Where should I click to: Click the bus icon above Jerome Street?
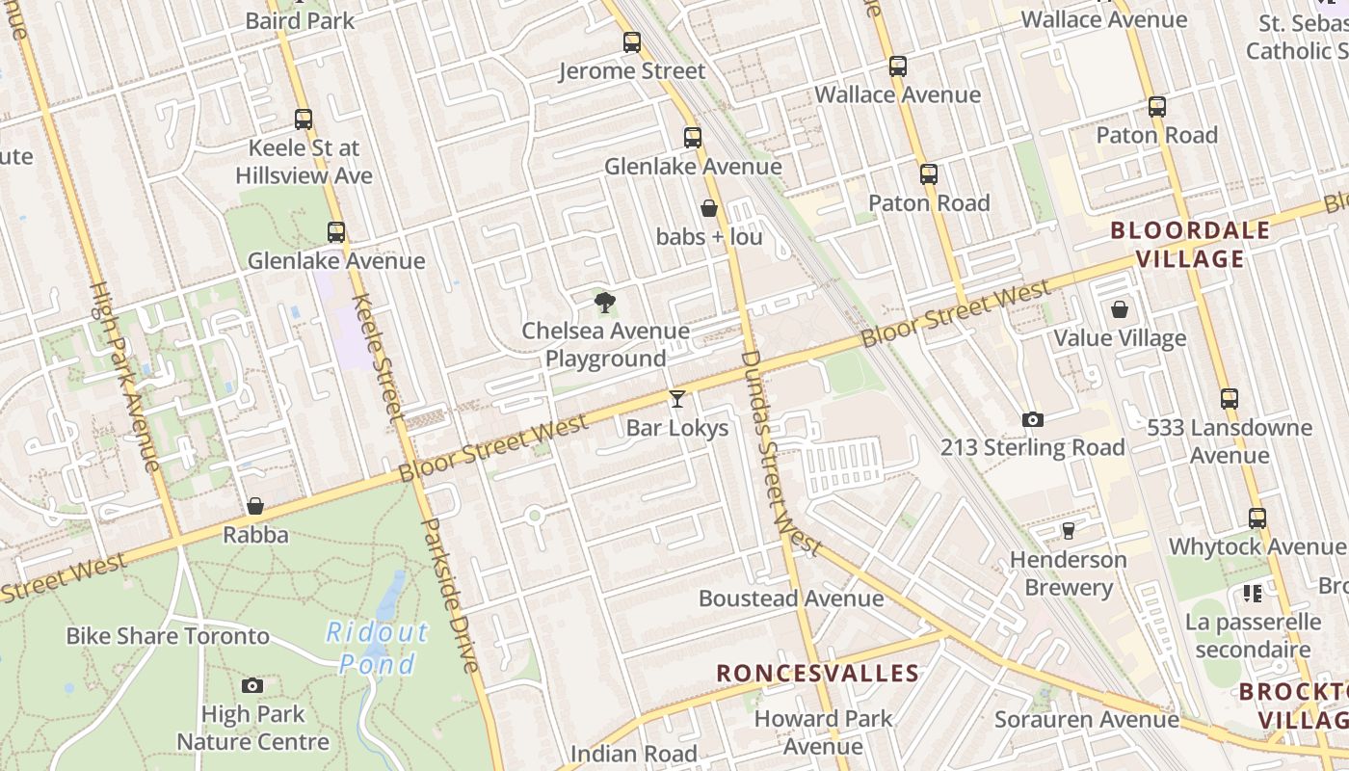pos(632,42)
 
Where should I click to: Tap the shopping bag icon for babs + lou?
pos(709,208)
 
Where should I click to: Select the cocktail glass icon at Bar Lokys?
pos(677,398)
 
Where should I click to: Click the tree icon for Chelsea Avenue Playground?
pos(604,304)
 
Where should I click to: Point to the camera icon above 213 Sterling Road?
pos(1033,420)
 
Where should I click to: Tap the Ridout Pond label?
pos(378,648)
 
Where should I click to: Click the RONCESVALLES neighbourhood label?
pos(817,673)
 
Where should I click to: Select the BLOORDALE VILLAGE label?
pos(1190,245)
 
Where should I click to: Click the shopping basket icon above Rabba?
pos(255,506)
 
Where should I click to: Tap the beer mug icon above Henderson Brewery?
pos(1068,531)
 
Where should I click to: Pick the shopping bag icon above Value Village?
pos(1120,309)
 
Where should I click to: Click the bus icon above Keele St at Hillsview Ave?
pos(304,120)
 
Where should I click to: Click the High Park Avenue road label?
pos(124,376)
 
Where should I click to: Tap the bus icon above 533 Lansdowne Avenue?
pos(1230,399)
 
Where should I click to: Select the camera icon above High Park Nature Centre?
pos(252,685)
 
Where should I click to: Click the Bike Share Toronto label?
pos(168,636)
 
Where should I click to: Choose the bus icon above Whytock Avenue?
pos(1257,518)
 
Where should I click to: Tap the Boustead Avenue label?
pos(791,598)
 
